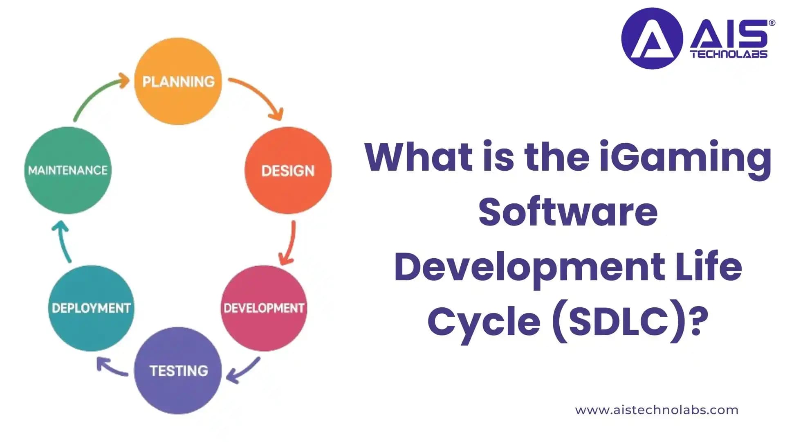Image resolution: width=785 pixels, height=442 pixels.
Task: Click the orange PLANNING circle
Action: (x=178, y=81)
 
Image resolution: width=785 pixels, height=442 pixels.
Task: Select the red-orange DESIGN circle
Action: (x=288, y=170)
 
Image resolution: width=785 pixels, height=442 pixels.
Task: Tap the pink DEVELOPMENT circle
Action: (x=264, y=308)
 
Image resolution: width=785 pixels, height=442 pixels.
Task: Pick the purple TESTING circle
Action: (x=178, y=370)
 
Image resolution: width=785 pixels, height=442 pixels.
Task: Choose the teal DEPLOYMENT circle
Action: (x=91, y=308)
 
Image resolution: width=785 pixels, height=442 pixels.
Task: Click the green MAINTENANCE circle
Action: (x=68, y=170)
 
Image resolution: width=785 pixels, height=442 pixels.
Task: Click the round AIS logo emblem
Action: (x=652, y=38)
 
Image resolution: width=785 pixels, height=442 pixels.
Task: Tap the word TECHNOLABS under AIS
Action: (x=729, y=54)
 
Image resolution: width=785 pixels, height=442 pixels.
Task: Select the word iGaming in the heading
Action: (x=685, y=157)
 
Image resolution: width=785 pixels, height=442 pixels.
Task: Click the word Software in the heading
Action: (x=568, y=212)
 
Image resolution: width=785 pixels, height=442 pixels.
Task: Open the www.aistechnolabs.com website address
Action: (x=657, y=410)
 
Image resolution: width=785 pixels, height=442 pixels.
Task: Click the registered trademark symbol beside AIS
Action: (x=772, y=23)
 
